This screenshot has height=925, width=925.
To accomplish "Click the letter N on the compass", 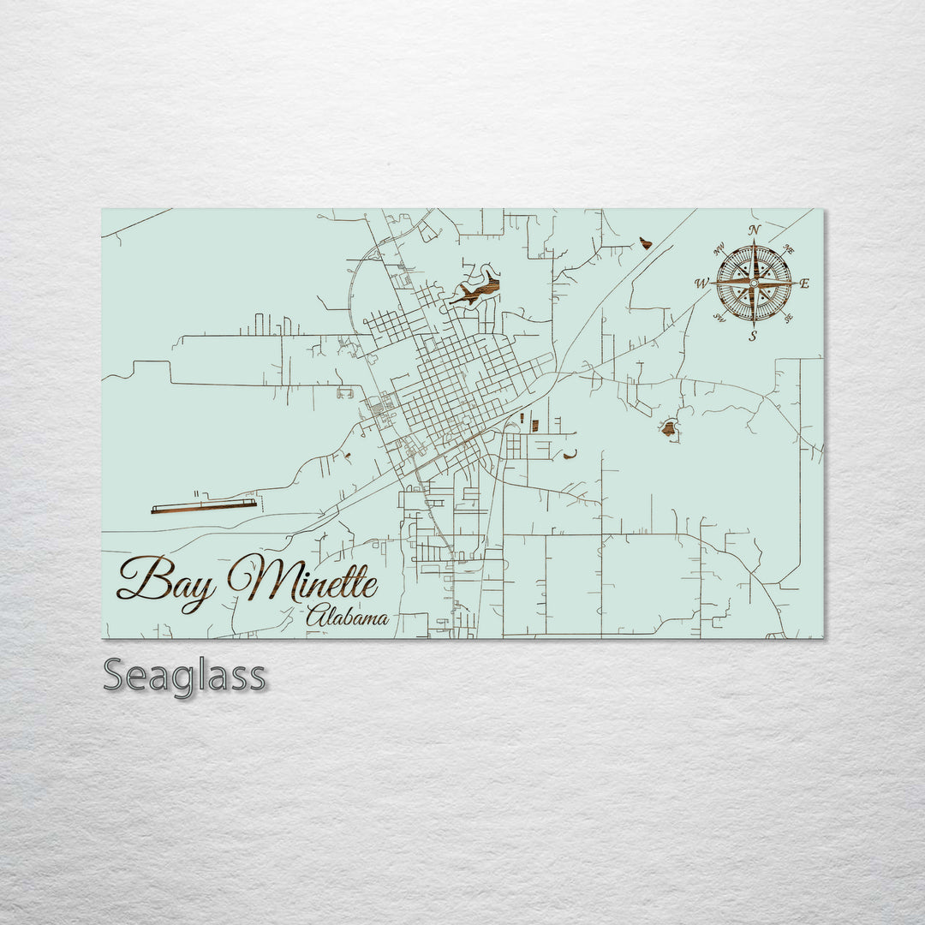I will click(755, 230).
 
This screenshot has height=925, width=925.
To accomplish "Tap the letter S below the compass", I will click(753, 336).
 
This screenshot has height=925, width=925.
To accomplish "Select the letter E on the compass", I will click(804, 283).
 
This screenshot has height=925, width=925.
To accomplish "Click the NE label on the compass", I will click(789, 249).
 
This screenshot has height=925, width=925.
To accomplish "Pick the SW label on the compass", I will click(719, 318).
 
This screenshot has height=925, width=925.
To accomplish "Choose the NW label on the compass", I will click(719, 250).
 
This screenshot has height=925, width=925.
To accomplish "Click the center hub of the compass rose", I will click(754, 283).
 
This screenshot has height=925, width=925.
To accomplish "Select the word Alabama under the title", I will click(347, 617).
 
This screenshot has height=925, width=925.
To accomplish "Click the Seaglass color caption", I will click(184, 676).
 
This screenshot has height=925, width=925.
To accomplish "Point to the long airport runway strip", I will click(204, 506).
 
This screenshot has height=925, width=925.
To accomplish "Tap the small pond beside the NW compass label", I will click(645, 243).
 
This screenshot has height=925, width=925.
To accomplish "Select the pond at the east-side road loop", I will click(668, 428).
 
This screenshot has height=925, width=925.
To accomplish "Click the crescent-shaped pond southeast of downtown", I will click(570, 455).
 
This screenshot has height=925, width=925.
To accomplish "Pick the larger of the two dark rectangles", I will click(535, 425).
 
